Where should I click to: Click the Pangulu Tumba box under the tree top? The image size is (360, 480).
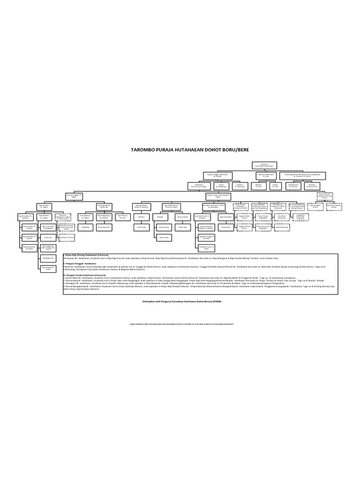(218, 194)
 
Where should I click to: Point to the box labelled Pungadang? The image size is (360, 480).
(85, 226)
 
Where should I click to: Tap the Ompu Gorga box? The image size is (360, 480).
(140, 226)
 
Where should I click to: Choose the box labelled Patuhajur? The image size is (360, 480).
(140, 217)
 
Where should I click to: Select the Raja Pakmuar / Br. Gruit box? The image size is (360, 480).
(123, 217)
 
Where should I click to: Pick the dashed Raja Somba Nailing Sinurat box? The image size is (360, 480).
(333, 205)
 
